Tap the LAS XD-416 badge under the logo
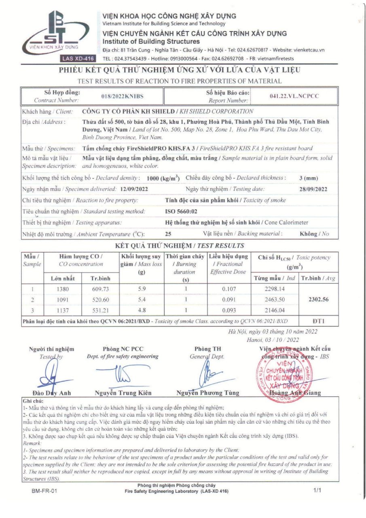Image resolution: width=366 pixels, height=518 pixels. coord(78,58)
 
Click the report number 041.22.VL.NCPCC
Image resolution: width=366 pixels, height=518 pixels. coord(294,96)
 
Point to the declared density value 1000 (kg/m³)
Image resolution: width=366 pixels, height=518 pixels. coord(163,178)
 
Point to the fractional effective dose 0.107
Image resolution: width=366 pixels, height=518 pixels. coord(228,289)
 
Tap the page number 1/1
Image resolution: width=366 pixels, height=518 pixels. coord(317,490)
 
